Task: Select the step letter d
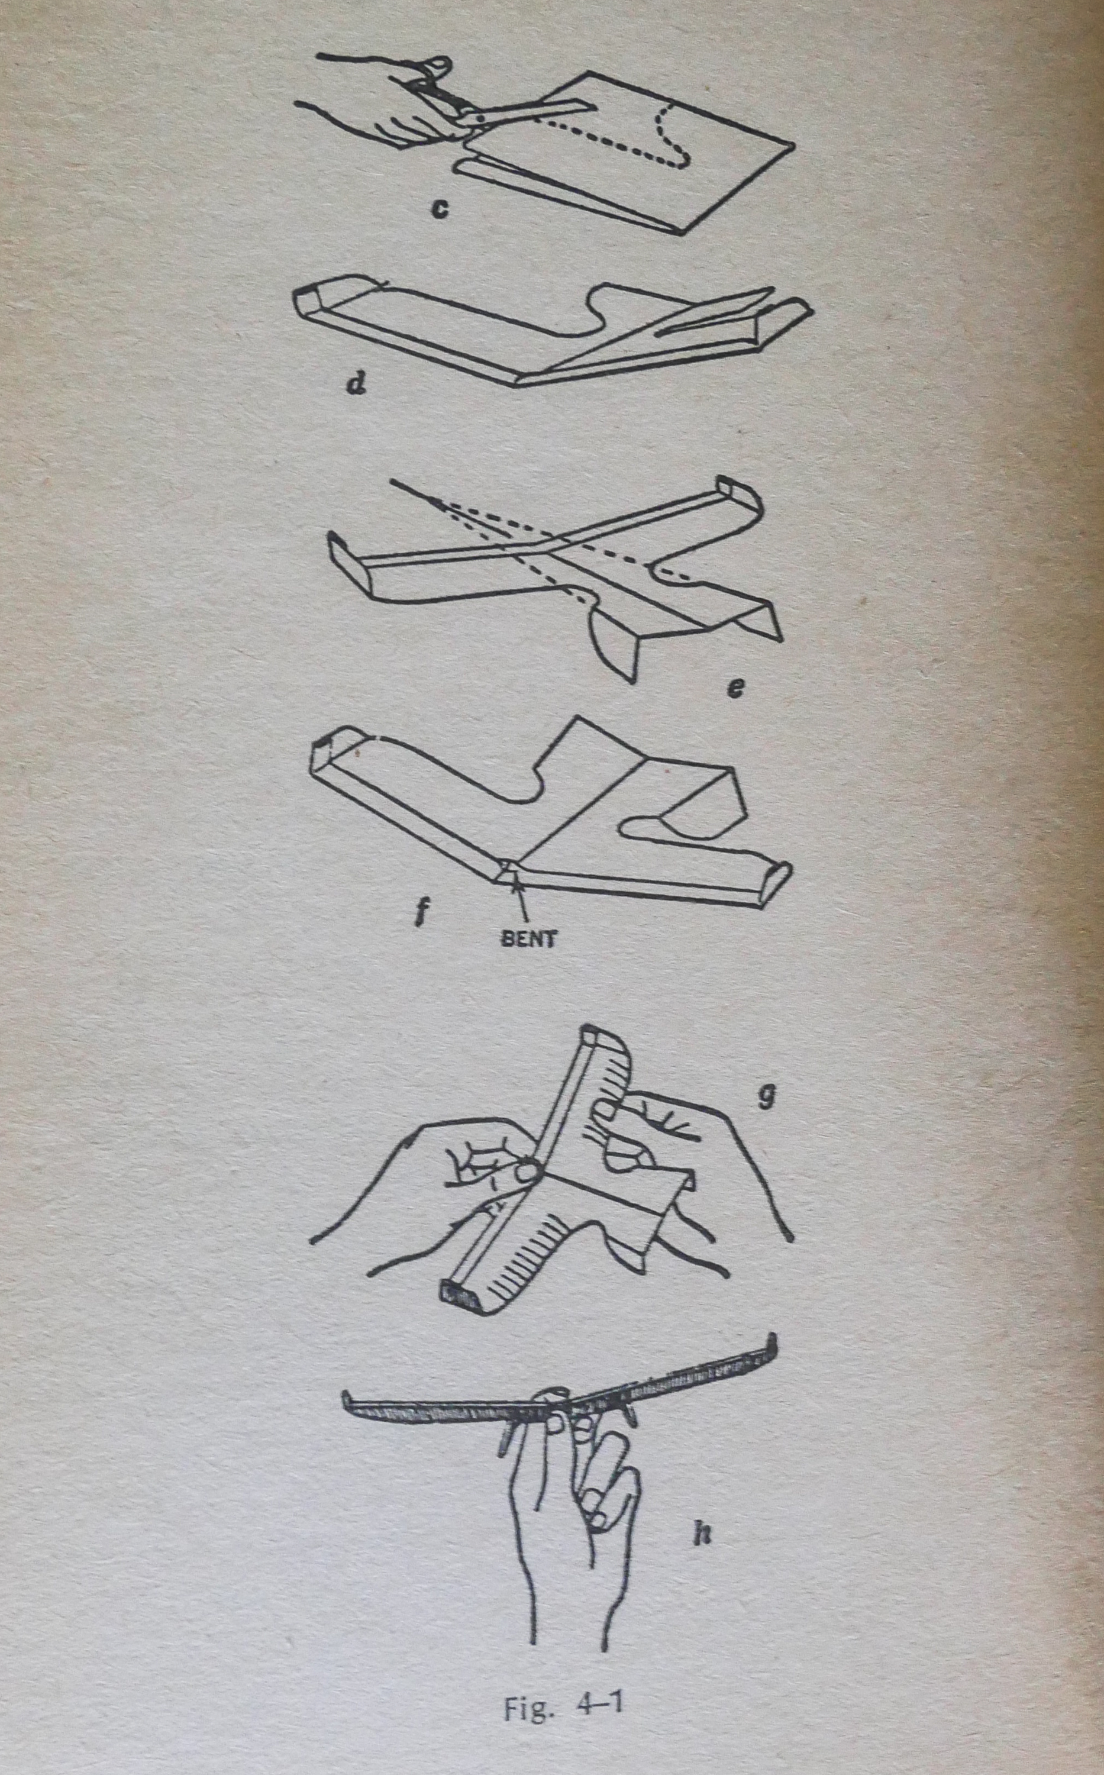356,383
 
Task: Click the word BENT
528,938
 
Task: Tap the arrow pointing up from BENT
521,903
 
